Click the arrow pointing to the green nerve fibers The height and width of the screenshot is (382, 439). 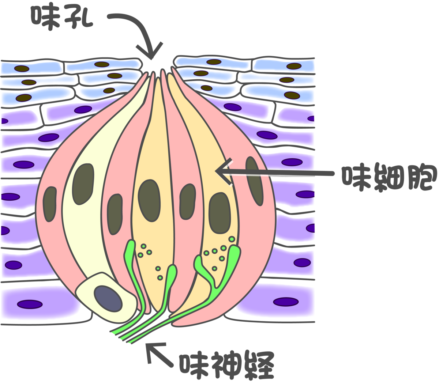(x=159, y=354)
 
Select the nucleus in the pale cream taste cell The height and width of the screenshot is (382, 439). (x=83, y=184)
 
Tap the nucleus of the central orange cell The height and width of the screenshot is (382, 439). (x=149, y=200)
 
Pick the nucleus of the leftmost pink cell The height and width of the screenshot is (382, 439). (x=50, y=204)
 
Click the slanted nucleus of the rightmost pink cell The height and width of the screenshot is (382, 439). (x=254, y=181)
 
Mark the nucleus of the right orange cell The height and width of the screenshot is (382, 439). (x=220, y=213)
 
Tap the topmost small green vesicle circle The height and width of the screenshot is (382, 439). (x=232, y=239)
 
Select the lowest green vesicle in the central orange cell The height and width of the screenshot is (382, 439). (x=160, y=278)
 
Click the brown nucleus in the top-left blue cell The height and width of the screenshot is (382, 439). (x=22, y=69)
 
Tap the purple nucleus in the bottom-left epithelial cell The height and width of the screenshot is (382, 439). (x=30, y=304)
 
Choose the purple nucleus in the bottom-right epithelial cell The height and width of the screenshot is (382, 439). (x=286, y=302)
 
